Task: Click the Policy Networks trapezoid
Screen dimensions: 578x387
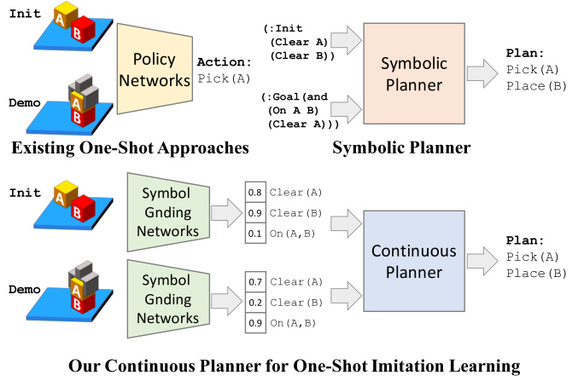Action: pyautogui.click(x=155, y=69)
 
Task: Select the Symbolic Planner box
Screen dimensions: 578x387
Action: pyautogui.click(x=414, y=73)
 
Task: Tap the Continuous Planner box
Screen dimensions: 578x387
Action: pyautogui.click(x=414, y=261)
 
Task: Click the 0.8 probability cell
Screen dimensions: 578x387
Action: pyautogui.click(x=255, y=192)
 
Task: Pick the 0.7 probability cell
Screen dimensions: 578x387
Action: pyautogui.click(x=255, y=282)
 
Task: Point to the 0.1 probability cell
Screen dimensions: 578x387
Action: pyautogui.click(x=255, y=234)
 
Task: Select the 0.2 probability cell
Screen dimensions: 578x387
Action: pyautogui.click(x=255, y=303)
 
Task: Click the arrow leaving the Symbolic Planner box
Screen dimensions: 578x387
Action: pyautogui.click(x=482, y=73)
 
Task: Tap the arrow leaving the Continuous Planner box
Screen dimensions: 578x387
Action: pyautogui.click(x=482, y=261)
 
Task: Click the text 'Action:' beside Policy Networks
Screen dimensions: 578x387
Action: pyautogui.click(x=224, y=62)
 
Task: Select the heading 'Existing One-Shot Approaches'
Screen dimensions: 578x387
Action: pyautogui.click(x=130, y=147)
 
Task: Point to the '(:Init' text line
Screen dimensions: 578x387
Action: pyautogui.click(x=283, y=28)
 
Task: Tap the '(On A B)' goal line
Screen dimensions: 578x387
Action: pyautogui.click(x=294, y=110)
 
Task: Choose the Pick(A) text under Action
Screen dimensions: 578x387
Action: pyautogui.click(x=224, y=78)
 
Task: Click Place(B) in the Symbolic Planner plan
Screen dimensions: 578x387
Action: pyautogui.click(x=536, y=86)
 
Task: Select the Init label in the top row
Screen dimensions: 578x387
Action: pyautogui.click(x=25, y=14)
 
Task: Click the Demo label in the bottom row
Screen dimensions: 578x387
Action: pyautogui.click(x=24, y=290)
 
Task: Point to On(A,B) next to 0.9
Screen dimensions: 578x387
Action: pyautogui.click(x=293, y=323)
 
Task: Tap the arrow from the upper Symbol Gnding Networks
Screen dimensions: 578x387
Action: pyautogui.click(x=227, y=213)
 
